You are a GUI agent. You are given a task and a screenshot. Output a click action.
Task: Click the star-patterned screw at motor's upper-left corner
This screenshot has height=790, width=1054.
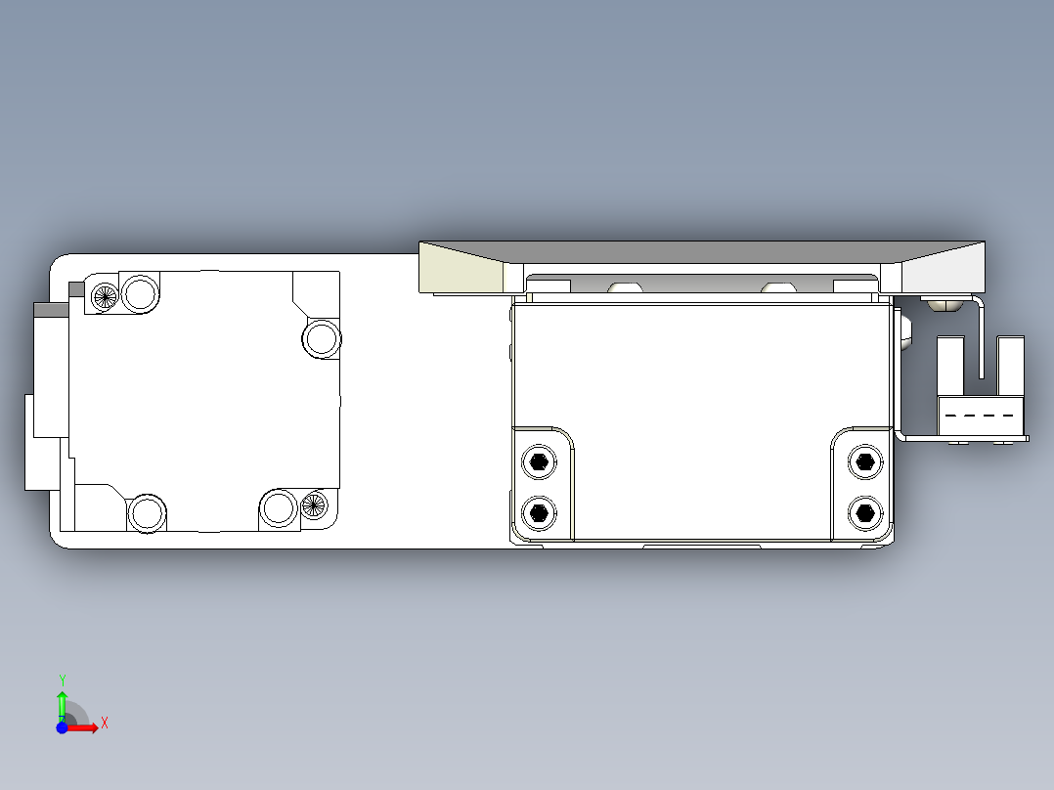pyautogui.click(x=104, y=294)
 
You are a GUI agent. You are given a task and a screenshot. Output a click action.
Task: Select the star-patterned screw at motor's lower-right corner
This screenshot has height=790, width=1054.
pyautogui.click(x=313, y=505)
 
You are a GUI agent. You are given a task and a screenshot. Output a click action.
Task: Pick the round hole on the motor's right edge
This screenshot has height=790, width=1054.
pyautogui.click(x=321, y=338)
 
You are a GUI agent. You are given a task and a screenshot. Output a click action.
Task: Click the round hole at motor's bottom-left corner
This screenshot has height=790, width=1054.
pyautogui.click(x=147, y=512)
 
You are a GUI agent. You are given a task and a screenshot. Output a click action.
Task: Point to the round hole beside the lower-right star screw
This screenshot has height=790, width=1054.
pyautogui.click(x=279, y=507)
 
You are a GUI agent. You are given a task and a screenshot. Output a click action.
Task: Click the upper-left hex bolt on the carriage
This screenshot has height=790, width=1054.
pyautogui.click(x=537, y=461)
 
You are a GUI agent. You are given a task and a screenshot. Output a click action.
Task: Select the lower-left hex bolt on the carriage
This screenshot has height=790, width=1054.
pyautogui.click(x=537, y=510)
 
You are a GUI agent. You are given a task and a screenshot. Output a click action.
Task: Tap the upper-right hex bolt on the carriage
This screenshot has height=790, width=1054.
pyautogui.click(x=863, y=461)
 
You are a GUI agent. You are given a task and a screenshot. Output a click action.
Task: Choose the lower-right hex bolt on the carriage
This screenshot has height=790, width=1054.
pyautogui.click(x=863, y=510)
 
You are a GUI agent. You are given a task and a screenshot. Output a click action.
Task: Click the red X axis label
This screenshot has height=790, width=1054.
pyautogui.click(x=105, y=723)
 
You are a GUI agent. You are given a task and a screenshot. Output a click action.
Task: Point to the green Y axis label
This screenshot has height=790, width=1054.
pyautogui.click(x=62, y=680)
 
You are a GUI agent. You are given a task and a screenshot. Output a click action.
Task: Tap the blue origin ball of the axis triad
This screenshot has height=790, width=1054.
pyautogui.click(x=62, y=727)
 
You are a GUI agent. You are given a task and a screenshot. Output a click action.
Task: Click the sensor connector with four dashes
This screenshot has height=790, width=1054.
pyautogui.click(x=980, y=416)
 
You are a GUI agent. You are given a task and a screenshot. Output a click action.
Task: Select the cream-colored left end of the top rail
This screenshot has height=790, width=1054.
pyautogui.click(x=460, y=272)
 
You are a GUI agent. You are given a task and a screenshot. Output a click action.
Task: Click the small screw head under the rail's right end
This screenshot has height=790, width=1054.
pyautogui.click(x=941, y=304)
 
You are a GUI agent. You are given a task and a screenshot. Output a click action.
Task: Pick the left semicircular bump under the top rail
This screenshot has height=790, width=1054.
pyautogui.click(x=625, y=287)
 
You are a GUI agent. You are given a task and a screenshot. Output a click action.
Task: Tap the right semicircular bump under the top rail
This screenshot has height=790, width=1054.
pyautogui.click(x=778, y=287)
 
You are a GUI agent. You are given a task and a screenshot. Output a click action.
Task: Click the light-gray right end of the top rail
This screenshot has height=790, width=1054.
pyautogui.click(x=944, y=269)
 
